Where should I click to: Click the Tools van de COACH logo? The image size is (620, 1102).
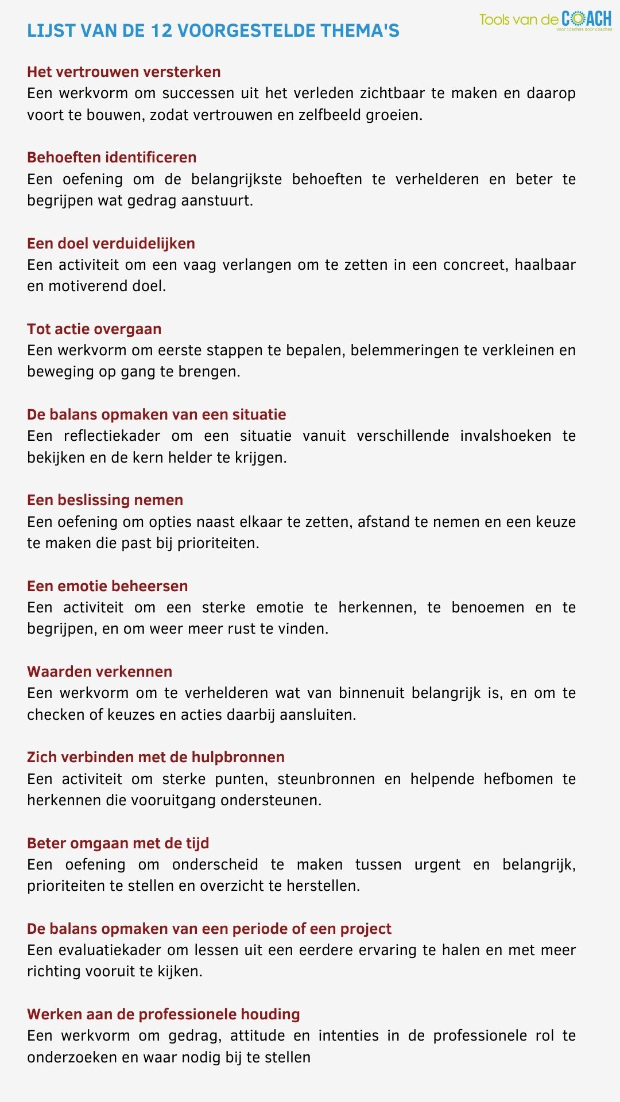[545, 20]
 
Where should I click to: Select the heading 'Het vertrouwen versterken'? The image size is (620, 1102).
[124, 72]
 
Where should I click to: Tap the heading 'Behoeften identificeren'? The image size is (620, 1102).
[112, 157]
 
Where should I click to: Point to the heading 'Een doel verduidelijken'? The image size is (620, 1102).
[111, 243]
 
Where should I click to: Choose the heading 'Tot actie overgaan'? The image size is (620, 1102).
[94, 329]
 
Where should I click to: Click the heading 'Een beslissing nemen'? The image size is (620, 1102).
[105, 500]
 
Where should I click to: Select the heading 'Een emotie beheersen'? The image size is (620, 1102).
[107, 586]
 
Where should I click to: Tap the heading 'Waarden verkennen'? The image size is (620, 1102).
[100, 672]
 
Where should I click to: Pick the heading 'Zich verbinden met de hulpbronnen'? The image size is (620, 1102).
[156, 757]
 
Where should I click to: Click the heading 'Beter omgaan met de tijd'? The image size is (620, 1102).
[118, 843]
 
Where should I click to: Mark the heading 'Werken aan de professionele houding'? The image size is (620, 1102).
[164, 1014]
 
